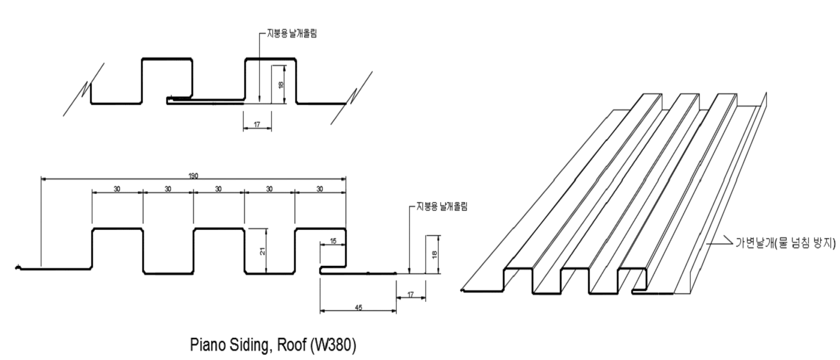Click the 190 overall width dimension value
[193, 176]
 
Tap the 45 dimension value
[358, 308]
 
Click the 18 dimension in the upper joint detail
[280, 85]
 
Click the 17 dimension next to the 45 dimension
[410, 294]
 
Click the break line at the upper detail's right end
[352, 97]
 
